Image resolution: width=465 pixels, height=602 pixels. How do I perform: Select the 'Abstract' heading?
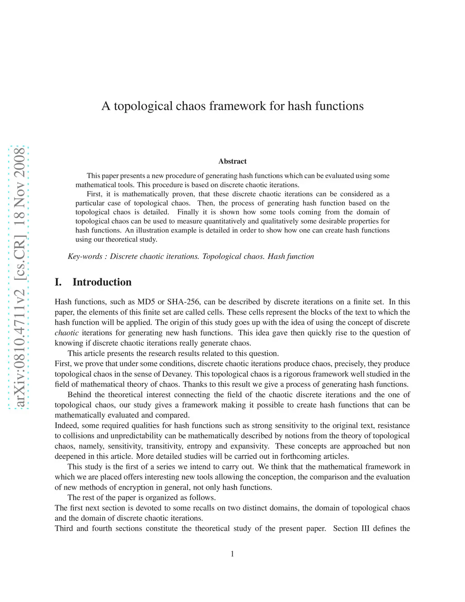point(232,161)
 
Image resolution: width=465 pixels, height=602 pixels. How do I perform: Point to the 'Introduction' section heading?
point(102,282)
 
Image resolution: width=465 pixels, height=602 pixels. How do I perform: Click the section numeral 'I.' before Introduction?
point(58,282)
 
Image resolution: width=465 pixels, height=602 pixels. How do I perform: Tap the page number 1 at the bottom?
point(232,553)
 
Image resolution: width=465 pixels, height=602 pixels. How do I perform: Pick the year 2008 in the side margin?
point(20,163)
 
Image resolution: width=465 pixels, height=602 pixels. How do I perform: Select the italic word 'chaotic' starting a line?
point(66,333)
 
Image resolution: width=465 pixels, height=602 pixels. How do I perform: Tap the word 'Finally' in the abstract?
point(188,212)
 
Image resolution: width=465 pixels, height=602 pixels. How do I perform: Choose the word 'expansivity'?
point(250,446)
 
